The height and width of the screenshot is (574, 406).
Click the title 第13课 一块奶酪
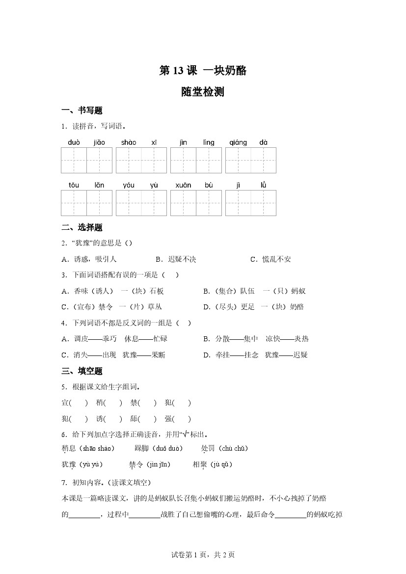pyautogui.click(x=203, y=71)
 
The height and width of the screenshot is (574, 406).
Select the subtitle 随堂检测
pyautogui.click(x=203, y=92)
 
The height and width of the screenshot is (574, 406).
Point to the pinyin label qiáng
pyautogui.click(x=238, y=142)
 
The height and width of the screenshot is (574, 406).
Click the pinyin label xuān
pyautogui.click(x=183, y=185)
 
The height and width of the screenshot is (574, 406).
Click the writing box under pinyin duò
pyautogui.click(x=74, y=160)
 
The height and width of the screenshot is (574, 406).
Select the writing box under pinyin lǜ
pyautogui.click(x=263, y=203)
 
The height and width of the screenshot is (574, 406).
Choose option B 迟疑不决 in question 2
pyautogui.click(x=175, y=259)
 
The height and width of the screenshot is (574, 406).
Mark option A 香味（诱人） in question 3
pyautogui.click(x=87, y=291)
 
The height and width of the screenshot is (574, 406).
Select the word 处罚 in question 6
pyautogui.click(x=208, y=448)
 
